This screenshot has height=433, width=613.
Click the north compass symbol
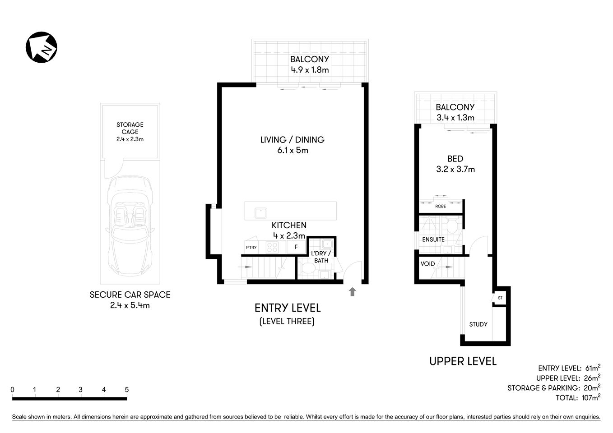pyautogui.click(x=42, y=47)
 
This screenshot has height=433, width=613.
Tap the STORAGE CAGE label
pyautogui.click(x=130, y=128)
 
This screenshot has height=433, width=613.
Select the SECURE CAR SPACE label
pyautogui.click(x=130, y=295)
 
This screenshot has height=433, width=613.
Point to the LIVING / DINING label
pyautogui.click(x=292, y=140)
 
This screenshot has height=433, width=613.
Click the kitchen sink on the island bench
pyautogui.click(x=260, y=212)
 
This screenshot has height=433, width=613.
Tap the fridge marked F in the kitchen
pyautogui.click(x=296, y=247)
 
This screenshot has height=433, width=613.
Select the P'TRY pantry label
pyautogui.click(x=251, y=247)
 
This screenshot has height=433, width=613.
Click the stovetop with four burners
pyautogui.click(x=272, y=247)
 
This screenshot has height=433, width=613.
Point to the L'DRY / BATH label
pyautogui.click(x=321, y=257)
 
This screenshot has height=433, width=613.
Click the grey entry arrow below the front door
pyautogui.click(x=353, y=292)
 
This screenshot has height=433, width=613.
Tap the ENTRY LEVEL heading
pyautogui.click(x=288, y=308)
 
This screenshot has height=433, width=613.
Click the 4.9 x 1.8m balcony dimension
pyautogui.click(x=310, y=70)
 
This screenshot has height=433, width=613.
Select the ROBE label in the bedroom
pyautogui.click(x=441, y=206)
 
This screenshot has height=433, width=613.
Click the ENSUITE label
pyautogui.click(x=433, y=240)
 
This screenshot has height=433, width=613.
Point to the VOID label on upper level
pyautogui.click(x=427, y=264)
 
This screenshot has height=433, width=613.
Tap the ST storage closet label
pyautogui.click(x=500, y=298)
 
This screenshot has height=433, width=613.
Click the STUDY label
pyautogui.click(x=478, y=324)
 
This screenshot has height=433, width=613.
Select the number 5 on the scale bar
pyautogui.click(x=127, y=390)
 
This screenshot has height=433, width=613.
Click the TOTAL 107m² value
pyautogui.click(x=590, y=398)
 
